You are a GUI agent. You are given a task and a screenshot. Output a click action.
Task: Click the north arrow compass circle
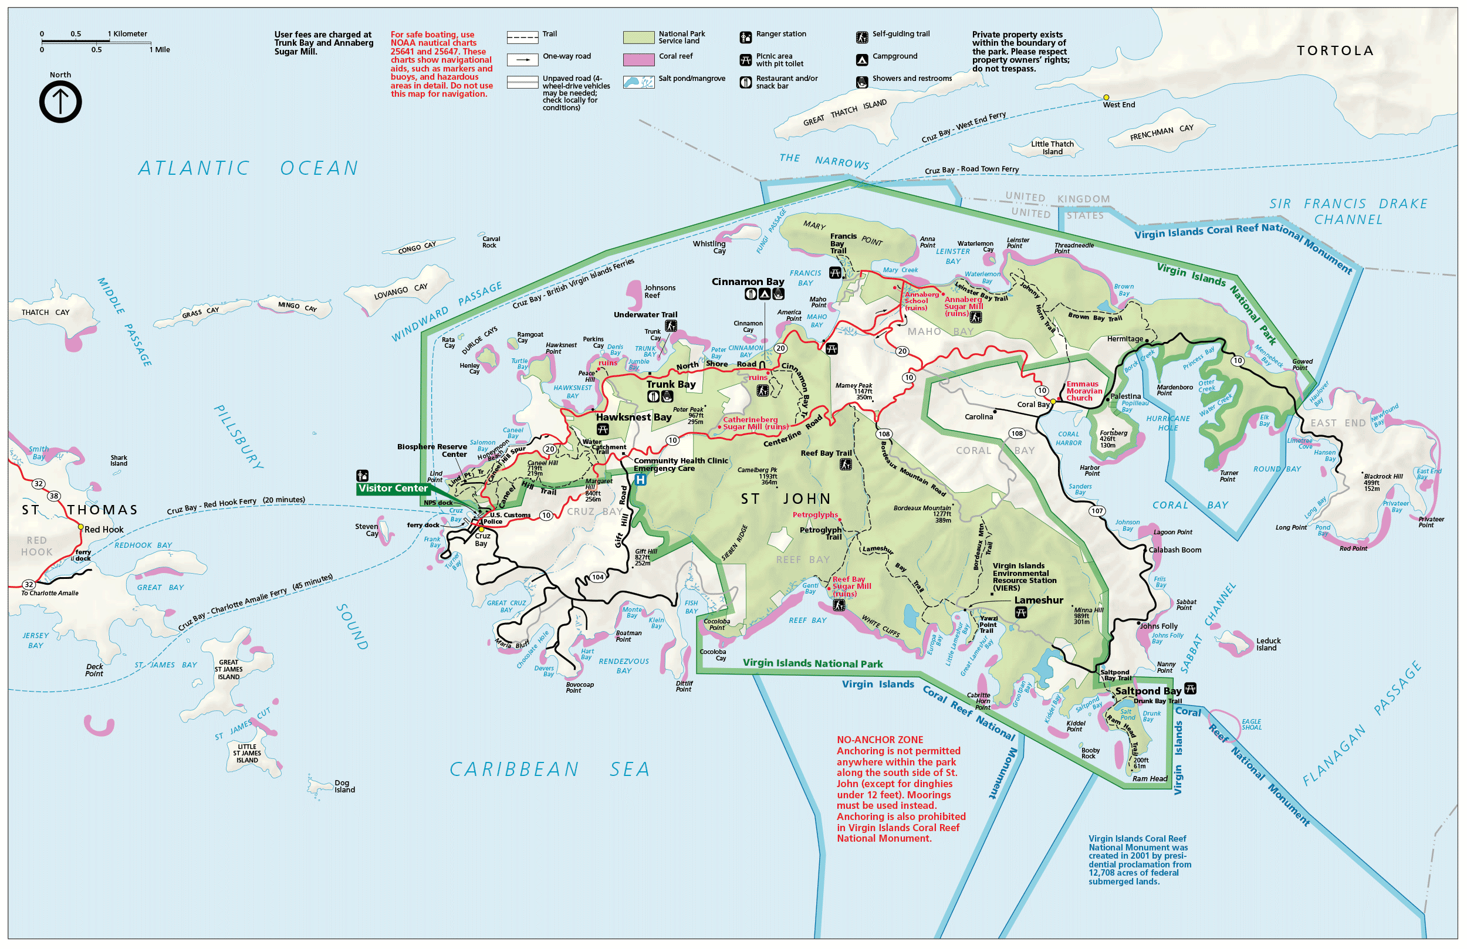60,102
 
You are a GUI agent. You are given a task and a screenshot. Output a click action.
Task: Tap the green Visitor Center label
393,489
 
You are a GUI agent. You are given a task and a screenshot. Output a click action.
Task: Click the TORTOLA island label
1335,51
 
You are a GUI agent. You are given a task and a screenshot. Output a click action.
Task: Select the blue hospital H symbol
640,480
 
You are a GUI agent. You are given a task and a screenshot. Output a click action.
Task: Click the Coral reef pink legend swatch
638,60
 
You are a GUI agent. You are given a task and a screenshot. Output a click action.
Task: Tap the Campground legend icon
861,60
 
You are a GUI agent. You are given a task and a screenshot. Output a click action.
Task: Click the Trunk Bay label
671,385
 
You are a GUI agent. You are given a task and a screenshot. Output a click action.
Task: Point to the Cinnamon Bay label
747,282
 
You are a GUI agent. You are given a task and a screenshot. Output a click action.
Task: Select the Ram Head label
1150,779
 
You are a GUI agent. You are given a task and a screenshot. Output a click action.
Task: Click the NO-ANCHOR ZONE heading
879,740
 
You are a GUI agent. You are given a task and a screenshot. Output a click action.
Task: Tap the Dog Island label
344,787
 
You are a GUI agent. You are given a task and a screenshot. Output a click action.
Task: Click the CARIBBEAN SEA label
549,770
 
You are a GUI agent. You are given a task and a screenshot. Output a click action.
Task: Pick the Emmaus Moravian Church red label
1084,391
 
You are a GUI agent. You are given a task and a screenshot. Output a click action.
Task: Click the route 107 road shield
1097,511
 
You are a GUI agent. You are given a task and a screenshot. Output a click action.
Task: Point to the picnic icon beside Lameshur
1020,612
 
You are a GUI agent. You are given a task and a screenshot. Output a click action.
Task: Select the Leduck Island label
1268,645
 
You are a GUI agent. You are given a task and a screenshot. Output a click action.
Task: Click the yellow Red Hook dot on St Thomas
80,527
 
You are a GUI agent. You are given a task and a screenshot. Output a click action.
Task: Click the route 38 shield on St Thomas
54,496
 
